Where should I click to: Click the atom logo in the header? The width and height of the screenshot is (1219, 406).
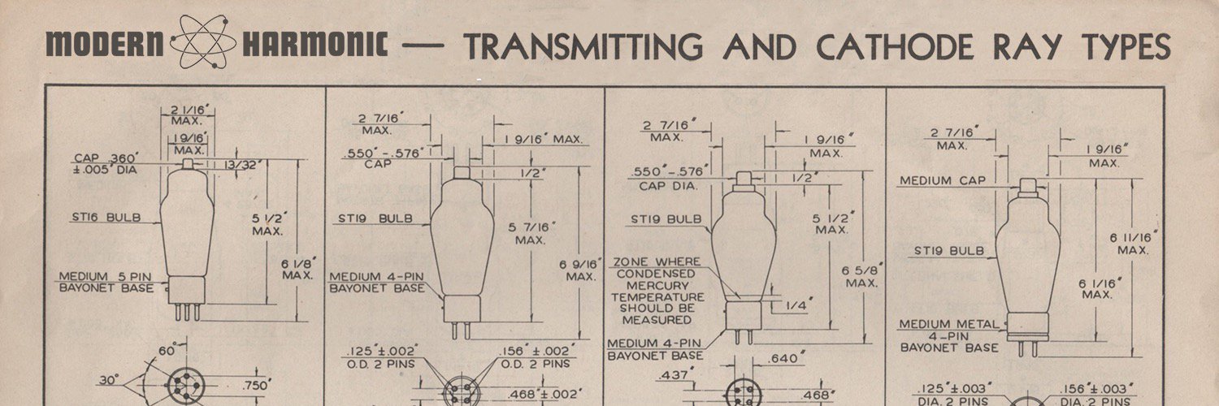[203, 42]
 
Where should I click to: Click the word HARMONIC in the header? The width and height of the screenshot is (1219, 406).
[315, 44]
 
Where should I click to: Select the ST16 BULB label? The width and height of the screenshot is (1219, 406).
[106, 218]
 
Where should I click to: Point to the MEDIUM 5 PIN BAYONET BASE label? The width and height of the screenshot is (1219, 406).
[106, 282]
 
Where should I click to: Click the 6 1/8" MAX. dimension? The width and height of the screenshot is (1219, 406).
[298, 269]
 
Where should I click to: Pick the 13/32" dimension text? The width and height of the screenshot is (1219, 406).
[240, 165]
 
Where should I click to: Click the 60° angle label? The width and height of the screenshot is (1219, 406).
[167, 350]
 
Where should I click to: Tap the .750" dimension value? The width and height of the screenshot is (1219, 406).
[255, 386]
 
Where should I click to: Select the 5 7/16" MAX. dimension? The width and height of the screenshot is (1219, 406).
[531, 232]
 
